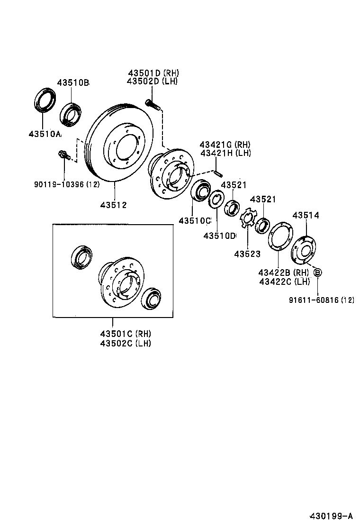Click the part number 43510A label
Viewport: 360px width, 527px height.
45,134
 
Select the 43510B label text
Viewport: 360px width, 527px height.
73,82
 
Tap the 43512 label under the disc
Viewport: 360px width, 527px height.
113,205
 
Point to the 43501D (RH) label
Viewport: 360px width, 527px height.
153,73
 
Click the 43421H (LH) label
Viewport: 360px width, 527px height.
225,153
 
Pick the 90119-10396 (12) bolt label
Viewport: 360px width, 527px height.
66,184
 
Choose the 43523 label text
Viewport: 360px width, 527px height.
247,254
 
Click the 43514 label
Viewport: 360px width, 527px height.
306,215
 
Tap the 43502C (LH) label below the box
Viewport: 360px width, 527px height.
125,343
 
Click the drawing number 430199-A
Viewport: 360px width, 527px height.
331,516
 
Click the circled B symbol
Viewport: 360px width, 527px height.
318,273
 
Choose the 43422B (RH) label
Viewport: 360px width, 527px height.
283,273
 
